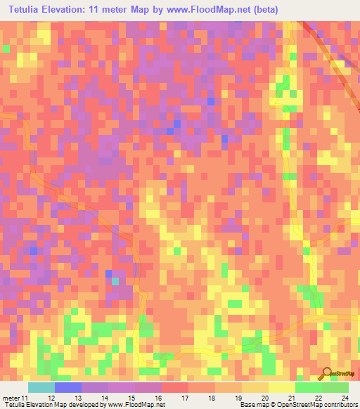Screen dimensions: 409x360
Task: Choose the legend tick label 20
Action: click(264, 398)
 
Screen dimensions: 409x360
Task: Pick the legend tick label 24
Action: click(345, 398)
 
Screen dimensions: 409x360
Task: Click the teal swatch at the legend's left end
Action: click(41, 387)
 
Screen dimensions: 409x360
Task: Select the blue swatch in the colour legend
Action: click(67, 387)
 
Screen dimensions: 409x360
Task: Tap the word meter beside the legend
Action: click(10, 398)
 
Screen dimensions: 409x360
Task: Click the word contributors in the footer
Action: click(342, 405)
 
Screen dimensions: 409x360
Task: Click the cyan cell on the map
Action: click(115, 281)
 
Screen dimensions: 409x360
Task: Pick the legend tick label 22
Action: click(318, 398)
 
